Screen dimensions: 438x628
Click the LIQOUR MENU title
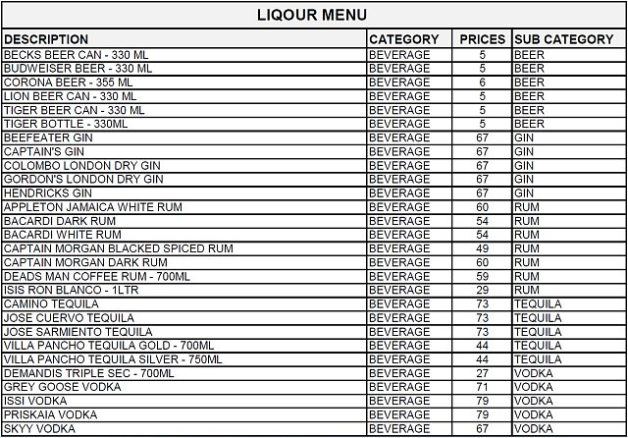(312, 15)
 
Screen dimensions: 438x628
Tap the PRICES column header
(482, 39)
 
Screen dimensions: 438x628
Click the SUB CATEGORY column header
(563, 39)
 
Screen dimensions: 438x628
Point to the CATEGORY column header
(403, 39)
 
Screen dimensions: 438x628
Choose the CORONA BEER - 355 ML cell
(69, 82)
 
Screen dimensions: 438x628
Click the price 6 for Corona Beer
(482, 82)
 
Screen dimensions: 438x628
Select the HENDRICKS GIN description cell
(49, 193)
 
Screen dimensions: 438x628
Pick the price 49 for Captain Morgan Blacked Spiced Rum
(482, 248)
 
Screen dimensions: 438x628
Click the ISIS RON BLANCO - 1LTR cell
(71, 291)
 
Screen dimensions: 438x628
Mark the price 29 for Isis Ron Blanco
(482, 291)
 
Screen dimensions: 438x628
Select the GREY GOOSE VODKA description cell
(61, 387)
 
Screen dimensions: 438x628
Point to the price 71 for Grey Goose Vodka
(482, 387)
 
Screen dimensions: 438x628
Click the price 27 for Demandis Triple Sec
(482, 373)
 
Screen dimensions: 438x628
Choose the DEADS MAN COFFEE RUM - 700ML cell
(95, 277)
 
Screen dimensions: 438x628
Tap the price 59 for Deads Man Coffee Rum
(482, 277)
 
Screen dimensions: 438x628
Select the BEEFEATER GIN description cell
(49, 138)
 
